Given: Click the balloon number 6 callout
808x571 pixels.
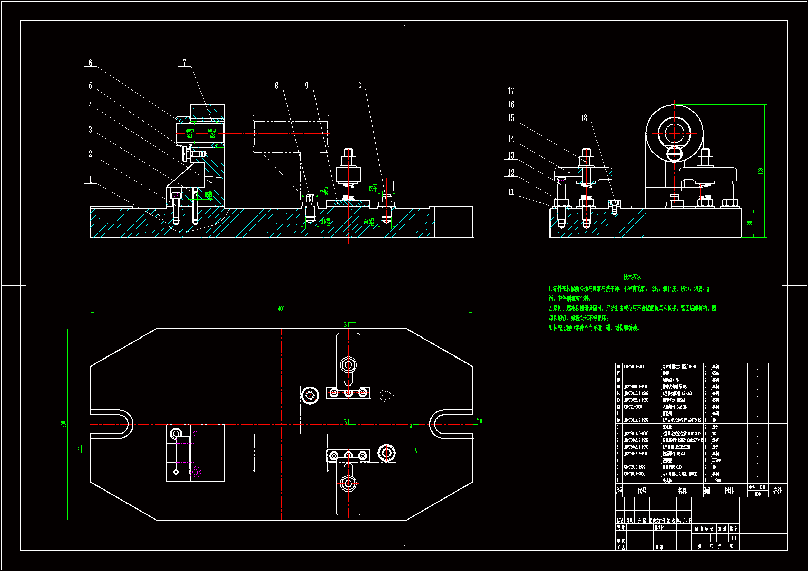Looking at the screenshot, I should point(90,63).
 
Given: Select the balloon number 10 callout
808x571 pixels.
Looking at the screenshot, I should point(358,85).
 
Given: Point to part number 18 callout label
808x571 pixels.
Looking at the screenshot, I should point(584,118).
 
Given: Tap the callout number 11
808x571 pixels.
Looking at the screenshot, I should point(511,192).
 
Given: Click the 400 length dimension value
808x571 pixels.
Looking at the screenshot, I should point(281,308).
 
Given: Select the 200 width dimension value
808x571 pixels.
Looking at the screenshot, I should point(63,424).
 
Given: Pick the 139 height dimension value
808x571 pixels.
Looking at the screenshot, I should point(761,171).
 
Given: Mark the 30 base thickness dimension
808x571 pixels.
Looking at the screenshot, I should point(750,223).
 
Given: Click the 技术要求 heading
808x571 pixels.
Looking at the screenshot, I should point(632,277).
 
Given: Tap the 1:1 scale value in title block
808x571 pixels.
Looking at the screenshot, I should point(734,538).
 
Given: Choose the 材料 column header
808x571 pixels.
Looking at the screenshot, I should point(729,491).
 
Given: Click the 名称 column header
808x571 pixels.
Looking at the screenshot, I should point(682,491).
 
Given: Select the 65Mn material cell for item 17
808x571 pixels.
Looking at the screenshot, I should point(715,373).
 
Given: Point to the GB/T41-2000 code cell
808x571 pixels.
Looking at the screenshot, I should point(633,407).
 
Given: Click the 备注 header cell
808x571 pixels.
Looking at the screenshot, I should point(778,491).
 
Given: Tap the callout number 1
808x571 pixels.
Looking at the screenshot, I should point(90,180).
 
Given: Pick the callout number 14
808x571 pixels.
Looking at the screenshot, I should point(511,139).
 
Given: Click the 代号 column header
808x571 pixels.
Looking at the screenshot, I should point(642,491).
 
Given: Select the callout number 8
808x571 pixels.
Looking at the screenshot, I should point(276,85).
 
